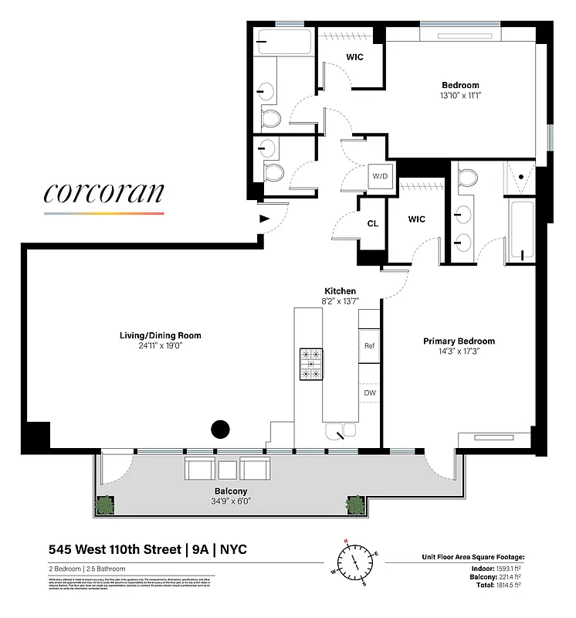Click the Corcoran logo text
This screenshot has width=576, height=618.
point(103,192)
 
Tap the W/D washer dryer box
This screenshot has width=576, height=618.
point(381,176)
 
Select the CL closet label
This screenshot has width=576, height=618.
point(372,223)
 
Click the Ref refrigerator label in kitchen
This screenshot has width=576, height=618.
point(369,347)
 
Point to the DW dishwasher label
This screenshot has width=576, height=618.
point(369,392)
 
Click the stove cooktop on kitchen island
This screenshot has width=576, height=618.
point(312,363)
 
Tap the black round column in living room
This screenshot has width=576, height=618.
point(221,429)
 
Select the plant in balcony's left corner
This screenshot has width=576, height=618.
point(103,505)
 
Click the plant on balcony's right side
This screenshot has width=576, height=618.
point(355,505)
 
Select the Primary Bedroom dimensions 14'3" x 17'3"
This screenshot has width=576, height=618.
point(459,352)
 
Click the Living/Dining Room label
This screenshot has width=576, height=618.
point(160,335)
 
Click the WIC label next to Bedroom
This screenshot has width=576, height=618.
point(355,57)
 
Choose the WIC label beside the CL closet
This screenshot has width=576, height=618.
point(417,219)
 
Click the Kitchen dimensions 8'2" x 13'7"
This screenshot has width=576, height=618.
point(340,301)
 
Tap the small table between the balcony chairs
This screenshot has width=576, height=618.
point(227,470)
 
